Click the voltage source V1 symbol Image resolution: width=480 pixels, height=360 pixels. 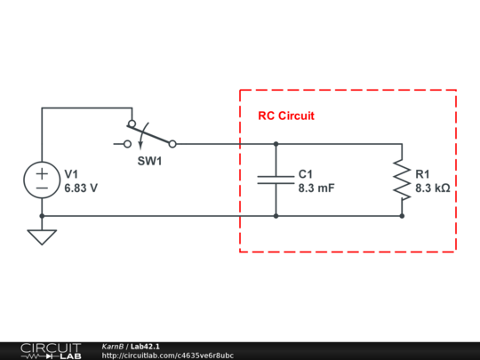point(42,180)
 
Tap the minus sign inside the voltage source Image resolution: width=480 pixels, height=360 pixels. point(42,188)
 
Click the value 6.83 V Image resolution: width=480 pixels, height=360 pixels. point(81,188)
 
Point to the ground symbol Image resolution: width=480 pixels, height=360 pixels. point(42,236)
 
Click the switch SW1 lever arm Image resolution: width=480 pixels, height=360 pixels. point(151,133)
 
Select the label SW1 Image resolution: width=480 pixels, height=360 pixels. point(149,161)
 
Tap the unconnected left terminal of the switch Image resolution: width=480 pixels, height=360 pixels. point(127,143)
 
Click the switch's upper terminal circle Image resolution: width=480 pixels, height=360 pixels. point(132,124)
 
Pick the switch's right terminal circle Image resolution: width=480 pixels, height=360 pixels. point(172,143)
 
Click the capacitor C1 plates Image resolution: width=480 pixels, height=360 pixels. point(276,180)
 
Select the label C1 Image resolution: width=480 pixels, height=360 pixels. point(306,173)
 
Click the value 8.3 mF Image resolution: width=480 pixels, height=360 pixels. point(316,188)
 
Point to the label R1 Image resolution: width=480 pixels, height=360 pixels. point(422,173)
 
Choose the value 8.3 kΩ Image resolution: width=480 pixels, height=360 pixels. point(433,188)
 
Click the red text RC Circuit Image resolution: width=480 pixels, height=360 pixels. point(285,116)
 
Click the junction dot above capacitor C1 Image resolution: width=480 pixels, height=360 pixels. point(276,143)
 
